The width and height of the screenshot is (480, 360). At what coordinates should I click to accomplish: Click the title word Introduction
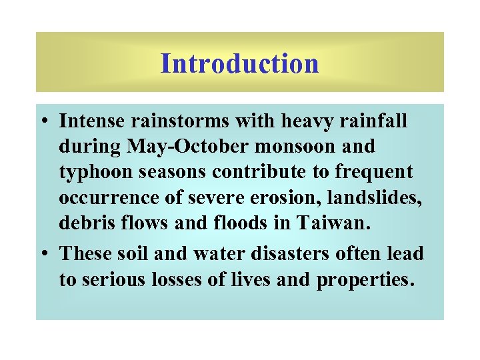(x=240, y=64)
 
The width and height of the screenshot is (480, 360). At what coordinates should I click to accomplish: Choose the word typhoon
(x=97, y=171)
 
